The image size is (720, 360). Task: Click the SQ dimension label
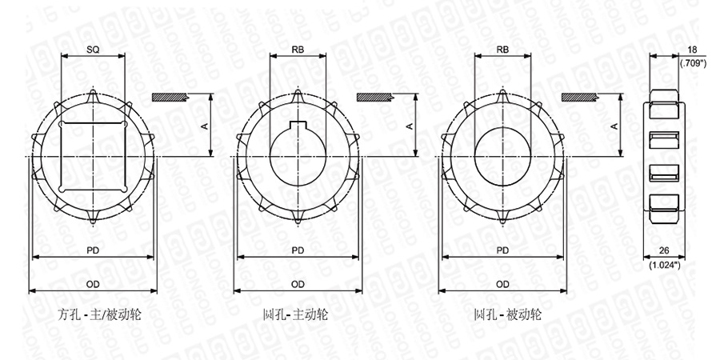(x=93, y=50)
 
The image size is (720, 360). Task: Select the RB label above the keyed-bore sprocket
(x=298, y=50)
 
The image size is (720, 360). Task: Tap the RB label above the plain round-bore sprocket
(x=503, y=50)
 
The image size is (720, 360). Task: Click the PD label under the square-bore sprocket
(x=93, y=250)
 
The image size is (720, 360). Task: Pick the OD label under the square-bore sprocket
(x=93, y=284)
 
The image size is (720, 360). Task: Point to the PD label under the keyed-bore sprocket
(x=298, y=250)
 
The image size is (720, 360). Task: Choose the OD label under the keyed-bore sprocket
(x=298, y=284)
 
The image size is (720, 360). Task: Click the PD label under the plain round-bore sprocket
(x=503, y=250)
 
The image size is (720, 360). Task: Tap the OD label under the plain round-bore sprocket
(x=503, y=284)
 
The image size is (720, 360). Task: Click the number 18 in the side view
(x=692, y=50)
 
